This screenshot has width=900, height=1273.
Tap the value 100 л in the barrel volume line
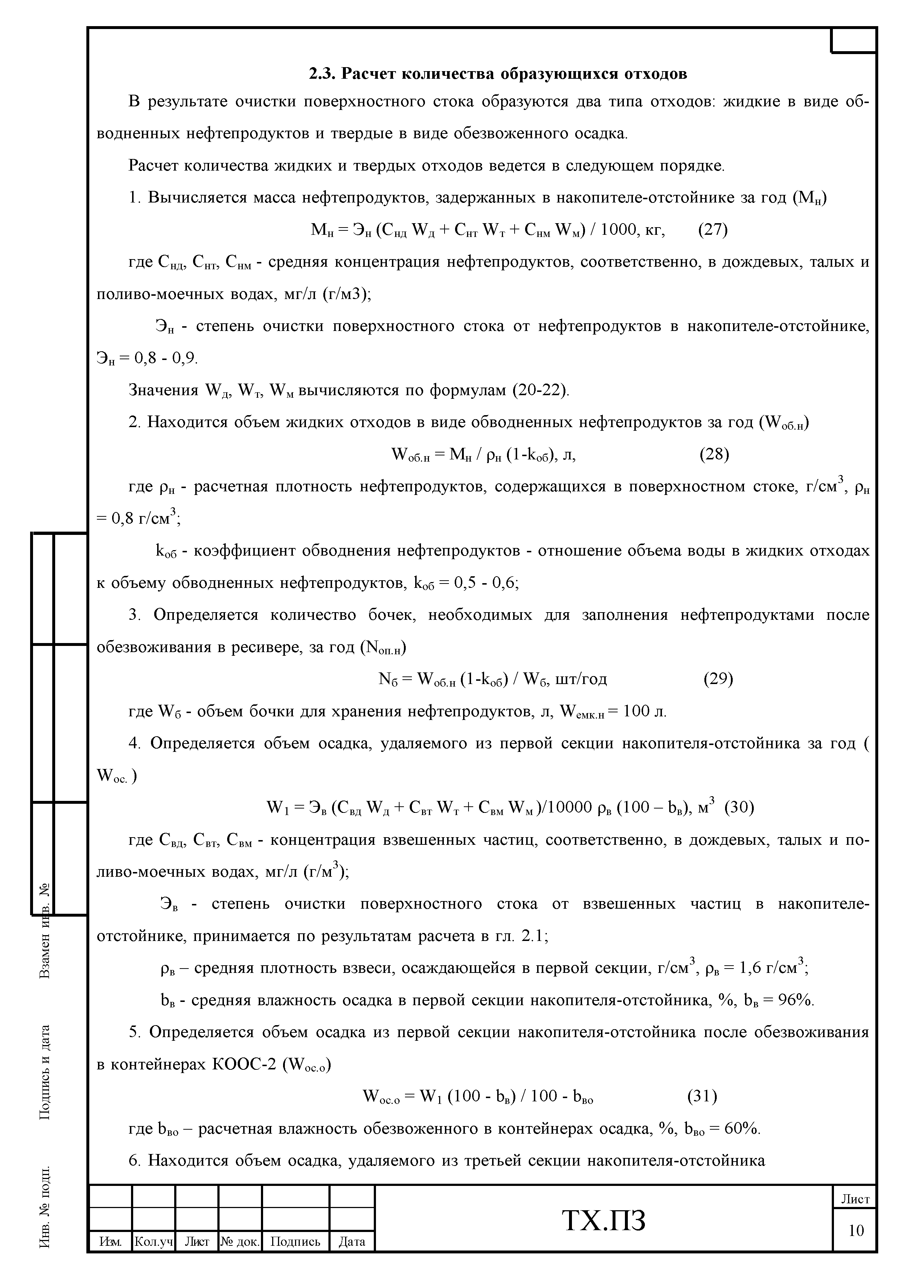(645, 711)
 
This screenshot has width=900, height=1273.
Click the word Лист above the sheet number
(856, 1199)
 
